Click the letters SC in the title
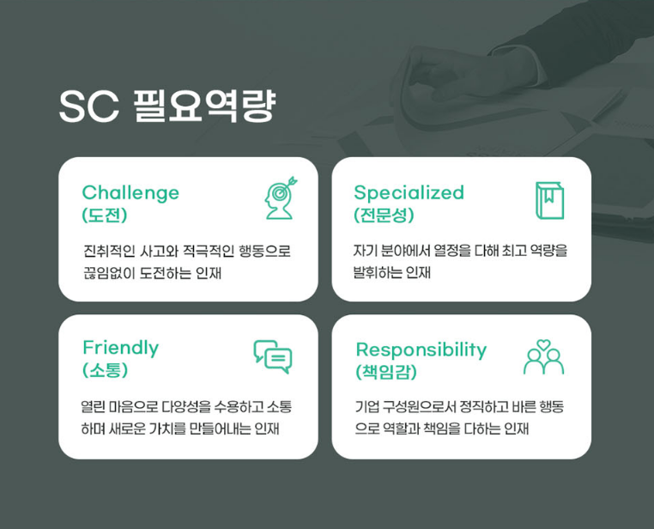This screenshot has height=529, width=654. point(88,106)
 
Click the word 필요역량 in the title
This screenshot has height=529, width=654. point(205,106)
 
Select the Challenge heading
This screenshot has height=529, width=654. point(130,193)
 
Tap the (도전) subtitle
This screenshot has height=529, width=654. point(105,216)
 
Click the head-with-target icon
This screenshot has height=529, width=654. point(281,198)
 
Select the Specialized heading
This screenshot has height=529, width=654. point(409,193)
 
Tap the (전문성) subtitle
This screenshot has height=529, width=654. point(384,216)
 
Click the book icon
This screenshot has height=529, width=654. point(550,201)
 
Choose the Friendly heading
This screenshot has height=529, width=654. point(120,349)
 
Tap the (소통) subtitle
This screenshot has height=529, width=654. point(105,370)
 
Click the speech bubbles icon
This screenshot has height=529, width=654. point(273,356)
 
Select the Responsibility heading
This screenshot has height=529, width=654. point(421,350)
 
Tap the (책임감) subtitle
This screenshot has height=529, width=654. point(386,372)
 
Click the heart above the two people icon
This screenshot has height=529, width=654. point(543,344)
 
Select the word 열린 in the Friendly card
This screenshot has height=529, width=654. point(93,406)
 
